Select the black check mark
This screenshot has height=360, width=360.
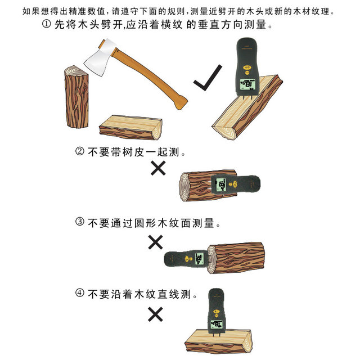[208, 78]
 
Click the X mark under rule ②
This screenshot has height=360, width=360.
[158, 168]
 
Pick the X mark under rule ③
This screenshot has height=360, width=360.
[155, 242]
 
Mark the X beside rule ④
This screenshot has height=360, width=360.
[155, 314]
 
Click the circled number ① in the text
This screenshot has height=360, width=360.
[47, 24]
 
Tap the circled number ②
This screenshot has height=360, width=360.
[80, 151]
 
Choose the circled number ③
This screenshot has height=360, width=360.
[80, 222]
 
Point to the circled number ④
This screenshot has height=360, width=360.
[80, 293]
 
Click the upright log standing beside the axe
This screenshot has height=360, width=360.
[76, 97]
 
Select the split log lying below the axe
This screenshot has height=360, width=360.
[131, 128]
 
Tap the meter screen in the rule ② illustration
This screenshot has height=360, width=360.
[221, 184]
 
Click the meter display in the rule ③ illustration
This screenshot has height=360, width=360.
[199, 259]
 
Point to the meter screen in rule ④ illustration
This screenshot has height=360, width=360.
[217, 325]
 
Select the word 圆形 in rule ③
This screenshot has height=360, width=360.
[145, 223]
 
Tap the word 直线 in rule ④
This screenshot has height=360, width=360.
[168, 294]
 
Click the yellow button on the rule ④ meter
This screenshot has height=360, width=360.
[216, 312]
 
